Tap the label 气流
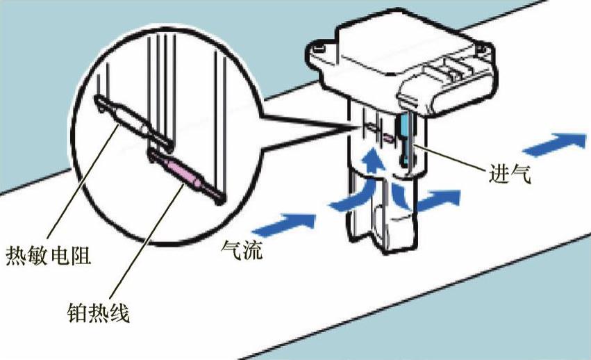pos(242,248)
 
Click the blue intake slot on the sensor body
pos(403,140)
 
